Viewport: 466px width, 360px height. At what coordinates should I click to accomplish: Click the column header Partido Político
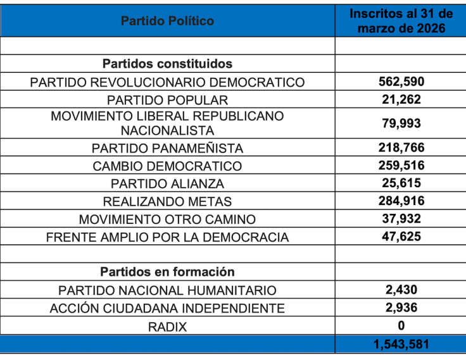(x=167, y=21)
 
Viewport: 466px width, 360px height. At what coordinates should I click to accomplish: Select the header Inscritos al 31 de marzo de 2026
(x=401, y=21)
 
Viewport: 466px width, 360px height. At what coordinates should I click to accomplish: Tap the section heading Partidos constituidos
(x=167, y=64)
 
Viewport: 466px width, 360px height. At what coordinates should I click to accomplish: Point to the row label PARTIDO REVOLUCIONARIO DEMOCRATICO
(x=167, y=82)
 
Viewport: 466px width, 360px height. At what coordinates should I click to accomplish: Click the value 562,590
(x=401, y=82)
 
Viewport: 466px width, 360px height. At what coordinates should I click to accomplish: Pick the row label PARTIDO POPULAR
(x=167, y=100)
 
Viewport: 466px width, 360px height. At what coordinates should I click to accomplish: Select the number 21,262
(x=401, y=99)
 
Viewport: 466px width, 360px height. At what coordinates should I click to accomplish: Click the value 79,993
(x=401, y=123)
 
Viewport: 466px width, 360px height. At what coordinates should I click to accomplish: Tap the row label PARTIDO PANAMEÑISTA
(x=167, y=148)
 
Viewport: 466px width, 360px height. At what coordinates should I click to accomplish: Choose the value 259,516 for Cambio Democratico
(x=401, y=166)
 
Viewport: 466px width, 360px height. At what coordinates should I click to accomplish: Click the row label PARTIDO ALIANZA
(x=167, y=184)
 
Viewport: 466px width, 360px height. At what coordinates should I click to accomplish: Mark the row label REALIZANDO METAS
(x=167, y=202)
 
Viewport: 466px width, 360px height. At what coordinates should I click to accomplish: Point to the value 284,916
(x=401, y=201)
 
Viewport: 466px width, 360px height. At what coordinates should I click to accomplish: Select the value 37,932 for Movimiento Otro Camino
(x=401, y=219)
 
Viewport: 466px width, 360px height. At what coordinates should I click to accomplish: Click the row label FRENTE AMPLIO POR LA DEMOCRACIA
(x=167, y=238)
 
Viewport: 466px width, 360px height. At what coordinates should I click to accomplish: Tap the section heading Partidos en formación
(x=167, y=272)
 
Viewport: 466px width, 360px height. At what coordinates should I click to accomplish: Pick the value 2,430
(x=401, y=290)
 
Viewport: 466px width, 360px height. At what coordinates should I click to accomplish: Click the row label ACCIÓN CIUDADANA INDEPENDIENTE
(x=167, y=309)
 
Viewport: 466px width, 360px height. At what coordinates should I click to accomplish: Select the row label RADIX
(x=167, y=326)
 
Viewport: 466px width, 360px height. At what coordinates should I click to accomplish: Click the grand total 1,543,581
(x=401, y=345)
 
